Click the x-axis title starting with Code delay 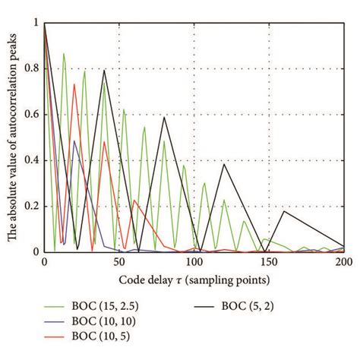point(194,278)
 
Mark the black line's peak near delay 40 point(104,70)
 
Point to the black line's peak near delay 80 point(164,116)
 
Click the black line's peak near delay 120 point(223,164)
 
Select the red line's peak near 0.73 point(74,84)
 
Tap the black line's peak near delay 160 point(283,210)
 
